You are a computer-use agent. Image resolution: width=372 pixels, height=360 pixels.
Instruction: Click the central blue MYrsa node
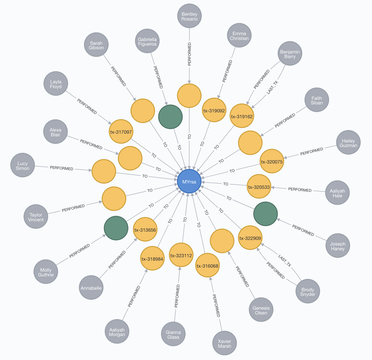click(x=189, y=181)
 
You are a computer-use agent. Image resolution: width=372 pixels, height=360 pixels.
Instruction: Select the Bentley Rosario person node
click(x=189, y=16)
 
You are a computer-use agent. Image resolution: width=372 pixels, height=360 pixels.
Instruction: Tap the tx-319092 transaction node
click(x=214, y=110)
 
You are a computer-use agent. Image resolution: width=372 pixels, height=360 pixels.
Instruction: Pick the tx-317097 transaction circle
click(x=121, y=132)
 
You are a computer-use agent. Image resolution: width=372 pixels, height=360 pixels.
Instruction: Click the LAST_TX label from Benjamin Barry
click(x=272, y=87)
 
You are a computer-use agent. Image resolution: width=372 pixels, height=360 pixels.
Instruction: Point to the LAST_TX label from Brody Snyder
click(x=285, y=261)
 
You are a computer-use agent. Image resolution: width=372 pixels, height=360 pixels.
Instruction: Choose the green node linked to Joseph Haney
click(x=265, y=214)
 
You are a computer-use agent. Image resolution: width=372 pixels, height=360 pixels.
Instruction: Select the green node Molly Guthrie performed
click(x=116, y=228)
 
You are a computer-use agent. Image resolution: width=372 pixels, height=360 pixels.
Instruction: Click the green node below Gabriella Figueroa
click(x=170, y=117)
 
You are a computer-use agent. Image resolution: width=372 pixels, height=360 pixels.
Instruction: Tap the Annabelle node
click(x=91, y=288)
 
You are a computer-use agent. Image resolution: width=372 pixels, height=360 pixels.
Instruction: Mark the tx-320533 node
click(x=259, y=187)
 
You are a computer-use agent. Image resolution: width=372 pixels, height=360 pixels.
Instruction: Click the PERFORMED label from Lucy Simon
click(x=62, y=168)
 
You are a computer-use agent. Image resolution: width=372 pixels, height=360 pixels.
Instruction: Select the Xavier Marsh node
click(x=224, y=343)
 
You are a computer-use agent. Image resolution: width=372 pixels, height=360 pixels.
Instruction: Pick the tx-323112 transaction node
click(x=181, y=255)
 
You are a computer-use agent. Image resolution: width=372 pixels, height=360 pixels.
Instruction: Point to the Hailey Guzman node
click(x=348, y=142)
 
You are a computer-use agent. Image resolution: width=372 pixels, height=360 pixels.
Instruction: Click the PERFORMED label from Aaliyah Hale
click(x=300, y=190)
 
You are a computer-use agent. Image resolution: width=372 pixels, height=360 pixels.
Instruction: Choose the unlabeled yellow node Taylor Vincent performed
click(x=114, y=199)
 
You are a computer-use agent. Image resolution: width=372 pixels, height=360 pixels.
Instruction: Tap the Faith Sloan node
click(x=317, y=100)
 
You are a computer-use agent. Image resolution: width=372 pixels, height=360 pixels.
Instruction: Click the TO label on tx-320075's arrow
click(x=232, y=171)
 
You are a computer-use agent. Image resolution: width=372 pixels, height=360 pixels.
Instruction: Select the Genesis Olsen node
click(x=261, y=310)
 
